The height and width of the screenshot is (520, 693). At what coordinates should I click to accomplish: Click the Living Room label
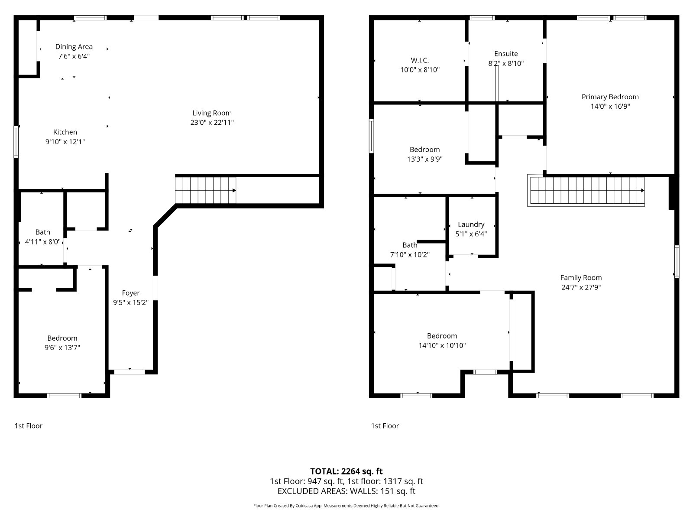pos(212,113)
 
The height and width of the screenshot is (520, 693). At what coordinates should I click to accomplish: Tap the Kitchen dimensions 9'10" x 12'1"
pos(65,142)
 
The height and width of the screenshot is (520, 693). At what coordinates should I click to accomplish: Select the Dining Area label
pos(74,47)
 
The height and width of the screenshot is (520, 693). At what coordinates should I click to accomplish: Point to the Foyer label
pos(131,293)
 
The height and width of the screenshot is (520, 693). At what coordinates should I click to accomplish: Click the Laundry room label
pos(471,224)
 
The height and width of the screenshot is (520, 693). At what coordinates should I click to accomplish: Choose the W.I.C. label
pos(420,60)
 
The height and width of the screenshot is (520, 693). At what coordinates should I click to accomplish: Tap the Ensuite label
pos(506,54)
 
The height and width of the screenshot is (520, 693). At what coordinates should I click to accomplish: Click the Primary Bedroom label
pos(610,97)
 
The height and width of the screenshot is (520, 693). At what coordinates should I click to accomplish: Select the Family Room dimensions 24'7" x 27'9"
pos(581,287)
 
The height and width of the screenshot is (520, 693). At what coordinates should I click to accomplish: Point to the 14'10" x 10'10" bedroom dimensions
pos(442,345)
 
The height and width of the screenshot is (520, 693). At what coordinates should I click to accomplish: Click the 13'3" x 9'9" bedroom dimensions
pos(424,159)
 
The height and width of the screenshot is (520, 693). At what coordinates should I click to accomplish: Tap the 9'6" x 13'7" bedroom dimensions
pos(62,348)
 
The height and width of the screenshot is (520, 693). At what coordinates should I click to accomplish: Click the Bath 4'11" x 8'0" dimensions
pos(42,242)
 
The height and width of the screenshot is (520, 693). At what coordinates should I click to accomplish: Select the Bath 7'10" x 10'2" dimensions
pos(410,254)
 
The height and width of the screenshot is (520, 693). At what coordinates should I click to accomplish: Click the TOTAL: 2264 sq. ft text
pos(346,471)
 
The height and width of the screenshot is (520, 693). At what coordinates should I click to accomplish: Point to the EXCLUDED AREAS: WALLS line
pos(346,491)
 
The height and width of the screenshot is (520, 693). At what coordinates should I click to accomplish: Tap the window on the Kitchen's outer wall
pos(16,142)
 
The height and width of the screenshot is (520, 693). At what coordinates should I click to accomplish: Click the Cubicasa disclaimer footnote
pos(346,506)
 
